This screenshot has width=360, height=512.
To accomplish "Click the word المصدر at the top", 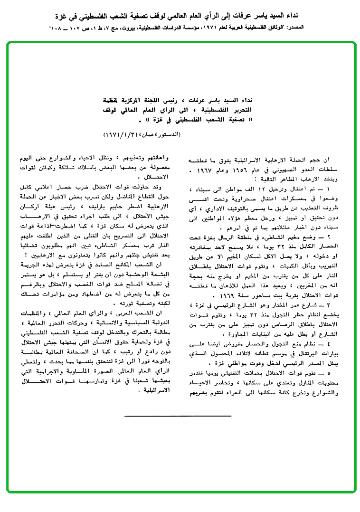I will coord(342,28).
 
